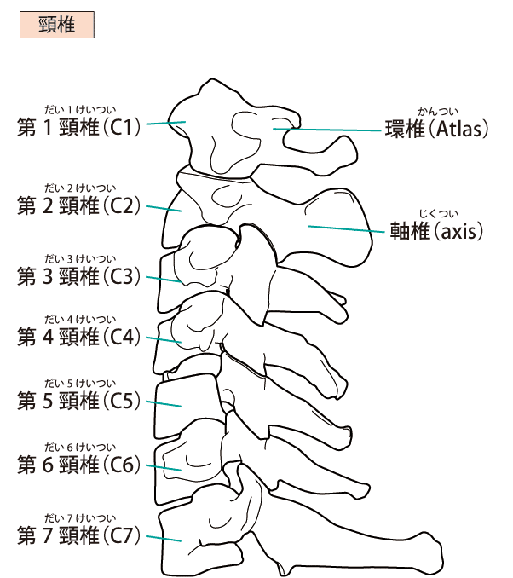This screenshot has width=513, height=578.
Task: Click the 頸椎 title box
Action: pos(56,26)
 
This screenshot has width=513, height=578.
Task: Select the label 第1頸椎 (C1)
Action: pos(78,128)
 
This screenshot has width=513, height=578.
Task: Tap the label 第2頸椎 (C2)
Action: pos(78,205)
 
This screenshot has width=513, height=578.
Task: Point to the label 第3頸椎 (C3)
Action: pos(78,276)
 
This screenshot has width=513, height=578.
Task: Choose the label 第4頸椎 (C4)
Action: pos(78,337)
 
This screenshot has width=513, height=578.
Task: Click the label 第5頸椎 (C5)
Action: pos(78,401)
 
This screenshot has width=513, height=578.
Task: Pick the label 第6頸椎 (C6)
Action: pos(78,465)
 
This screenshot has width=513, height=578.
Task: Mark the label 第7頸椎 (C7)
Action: pos(78,536)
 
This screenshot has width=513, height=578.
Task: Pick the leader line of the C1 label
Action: pos(164,124)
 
